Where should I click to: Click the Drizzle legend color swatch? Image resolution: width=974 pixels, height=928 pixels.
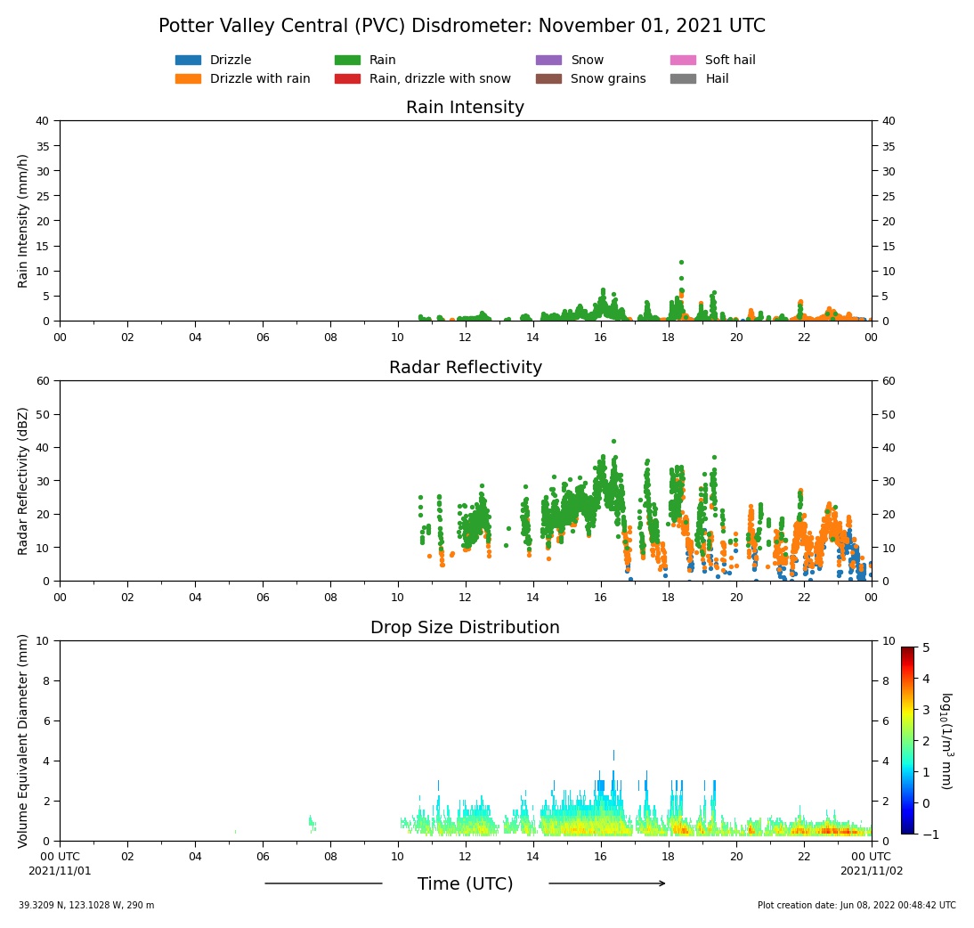pyautogui.click(x=188, y=61)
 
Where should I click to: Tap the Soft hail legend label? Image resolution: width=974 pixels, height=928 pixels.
pyautogui.click(x=730, y=61)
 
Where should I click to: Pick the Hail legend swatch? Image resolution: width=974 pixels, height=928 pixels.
pyautogui.click(x=683, y=78)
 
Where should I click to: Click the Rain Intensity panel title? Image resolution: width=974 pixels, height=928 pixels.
pyautogui.click(x=465, y=108)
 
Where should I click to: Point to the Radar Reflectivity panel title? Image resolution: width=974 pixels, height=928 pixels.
pyautogui.click(x=465, y=368)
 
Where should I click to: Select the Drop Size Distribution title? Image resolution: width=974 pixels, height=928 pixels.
pyautogui.click(x=465, y=628)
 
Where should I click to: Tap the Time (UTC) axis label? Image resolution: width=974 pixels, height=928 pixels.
pyautogui.click(x=465, y=884)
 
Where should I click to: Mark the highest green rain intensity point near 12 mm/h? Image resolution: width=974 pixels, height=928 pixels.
pyautogui.click(x=681, y=262)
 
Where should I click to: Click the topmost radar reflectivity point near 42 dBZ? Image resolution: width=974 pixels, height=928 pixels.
pyautogui.click(x=613, y=441)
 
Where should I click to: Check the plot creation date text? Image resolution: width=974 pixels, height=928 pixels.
pyautogui.click(x=856, y=906)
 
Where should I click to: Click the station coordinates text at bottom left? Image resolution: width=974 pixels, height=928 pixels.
pyautogui.click(x=86, y=906)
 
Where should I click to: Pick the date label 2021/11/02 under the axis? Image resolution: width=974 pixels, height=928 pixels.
pyautogui.click(x=871, y=871)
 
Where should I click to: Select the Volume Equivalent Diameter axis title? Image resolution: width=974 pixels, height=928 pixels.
pyautogui.click(x=24, y=740)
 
